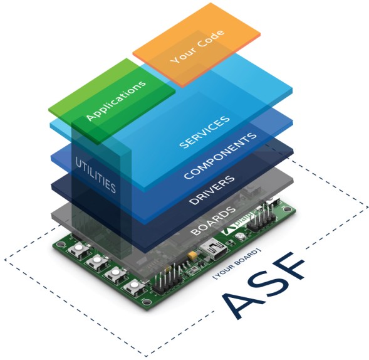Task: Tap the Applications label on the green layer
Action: pyautogui.click(x=116, y=100)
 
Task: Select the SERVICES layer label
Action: pyautogui.click(x=204, y=132)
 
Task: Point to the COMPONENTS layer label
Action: pyautogui.click(x=220, y=156)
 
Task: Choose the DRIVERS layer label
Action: pyautogui.click(x=212, y=190)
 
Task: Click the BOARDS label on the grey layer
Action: pyautogui.click(x=213, y=221)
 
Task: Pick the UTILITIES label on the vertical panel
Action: pyautogui.click(x=95, y=175)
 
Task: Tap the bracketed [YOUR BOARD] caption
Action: pyautogui.click(x=237, y=263)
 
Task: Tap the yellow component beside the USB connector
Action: pyautogui.click(x=192, y=255)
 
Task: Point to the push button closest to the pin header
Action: pyautogui.click(x=133, y=287)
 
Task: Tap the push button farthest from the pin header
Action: pyautogui.click(x=78, y=248)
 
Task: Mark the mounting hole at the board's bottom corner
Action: pyautogui.click(x=146, y=302)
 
